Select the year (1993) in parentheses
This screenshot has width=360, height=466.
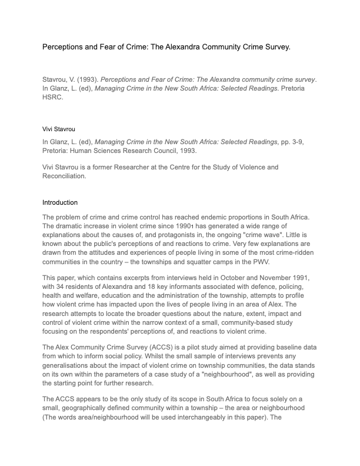tap(86, 79)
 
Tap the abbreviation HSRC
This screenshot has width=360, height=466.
tap(52, 98)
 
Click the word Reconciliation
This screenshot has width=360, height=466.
tap(64, 176)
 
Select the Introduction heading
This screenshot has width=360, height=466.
tap(60, 202)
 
